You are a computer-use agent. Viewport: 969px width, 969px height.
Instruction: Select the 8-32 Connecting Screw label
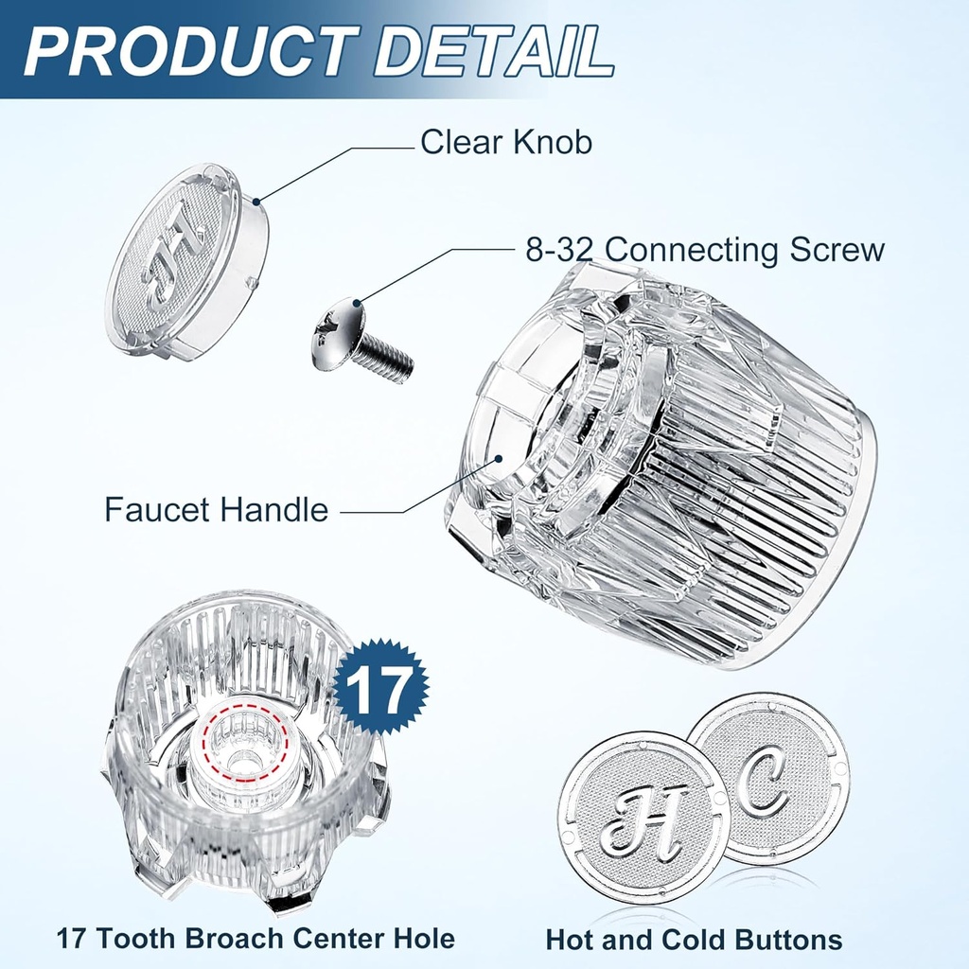[x=705, y=250]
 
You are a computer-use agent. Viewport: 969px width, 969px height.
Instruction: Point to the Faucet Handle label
[x=216, y=510]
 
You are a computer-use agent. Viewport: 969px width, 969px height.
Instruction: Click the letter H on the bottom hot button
[x=642, y=819]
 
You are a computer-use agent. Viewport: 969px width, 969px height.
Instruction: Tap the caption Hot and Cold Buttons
[x=694, y=940]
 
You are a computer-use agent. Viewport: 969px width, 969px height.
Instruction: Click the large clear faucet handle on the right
[x=662, y=464]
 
